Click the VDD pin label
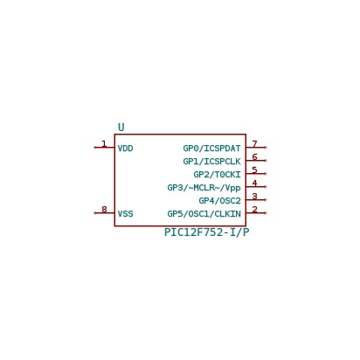(125, 149)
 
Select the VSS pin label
(125, 214)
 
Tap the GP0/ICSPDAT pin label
(211, 149)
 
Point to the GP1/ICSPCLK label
(211, 162)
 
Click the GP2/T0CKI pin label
(217, 175)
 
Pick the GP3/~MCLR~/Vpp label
(204, 188)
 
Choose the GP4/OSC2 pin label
(219, 201)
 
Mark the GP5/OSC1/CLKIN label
(204, 214)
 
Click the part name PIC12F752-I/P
(207, 232)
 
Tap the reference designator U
(121, 128)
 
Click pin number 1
(104, 143)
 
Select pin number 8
(104, 209)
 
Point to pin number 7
(254, 143)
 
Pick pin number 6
(254, 156)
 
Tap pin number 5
(254, 170)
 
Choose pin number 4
(254, 183)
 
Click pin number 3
(254, 196)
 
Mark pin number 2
(254, 209)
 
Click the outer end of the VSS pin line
(94, 213)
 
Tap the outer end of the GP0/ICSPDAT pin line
(266, 148)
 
